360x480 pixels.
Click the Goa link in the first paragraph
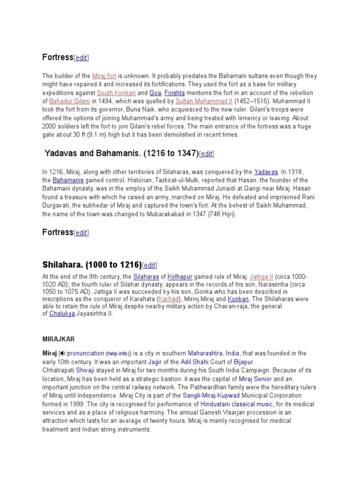[x=155, y=93]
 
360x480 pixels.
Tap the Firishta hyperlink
[x=174, y=93]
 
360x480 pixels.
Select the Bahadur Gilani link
[x=70, y=101]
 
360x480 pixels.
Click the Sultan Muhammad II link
[x=204, y=101]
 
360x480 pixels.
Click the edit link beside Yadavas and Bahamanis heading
[x=207, y=154]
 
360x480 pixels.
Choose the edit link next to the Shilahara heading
[x=150, y=265]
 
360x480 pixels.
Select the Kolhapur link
[x=180, y=277]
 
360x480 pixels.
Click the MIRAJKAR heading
[x=59, y=338]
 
